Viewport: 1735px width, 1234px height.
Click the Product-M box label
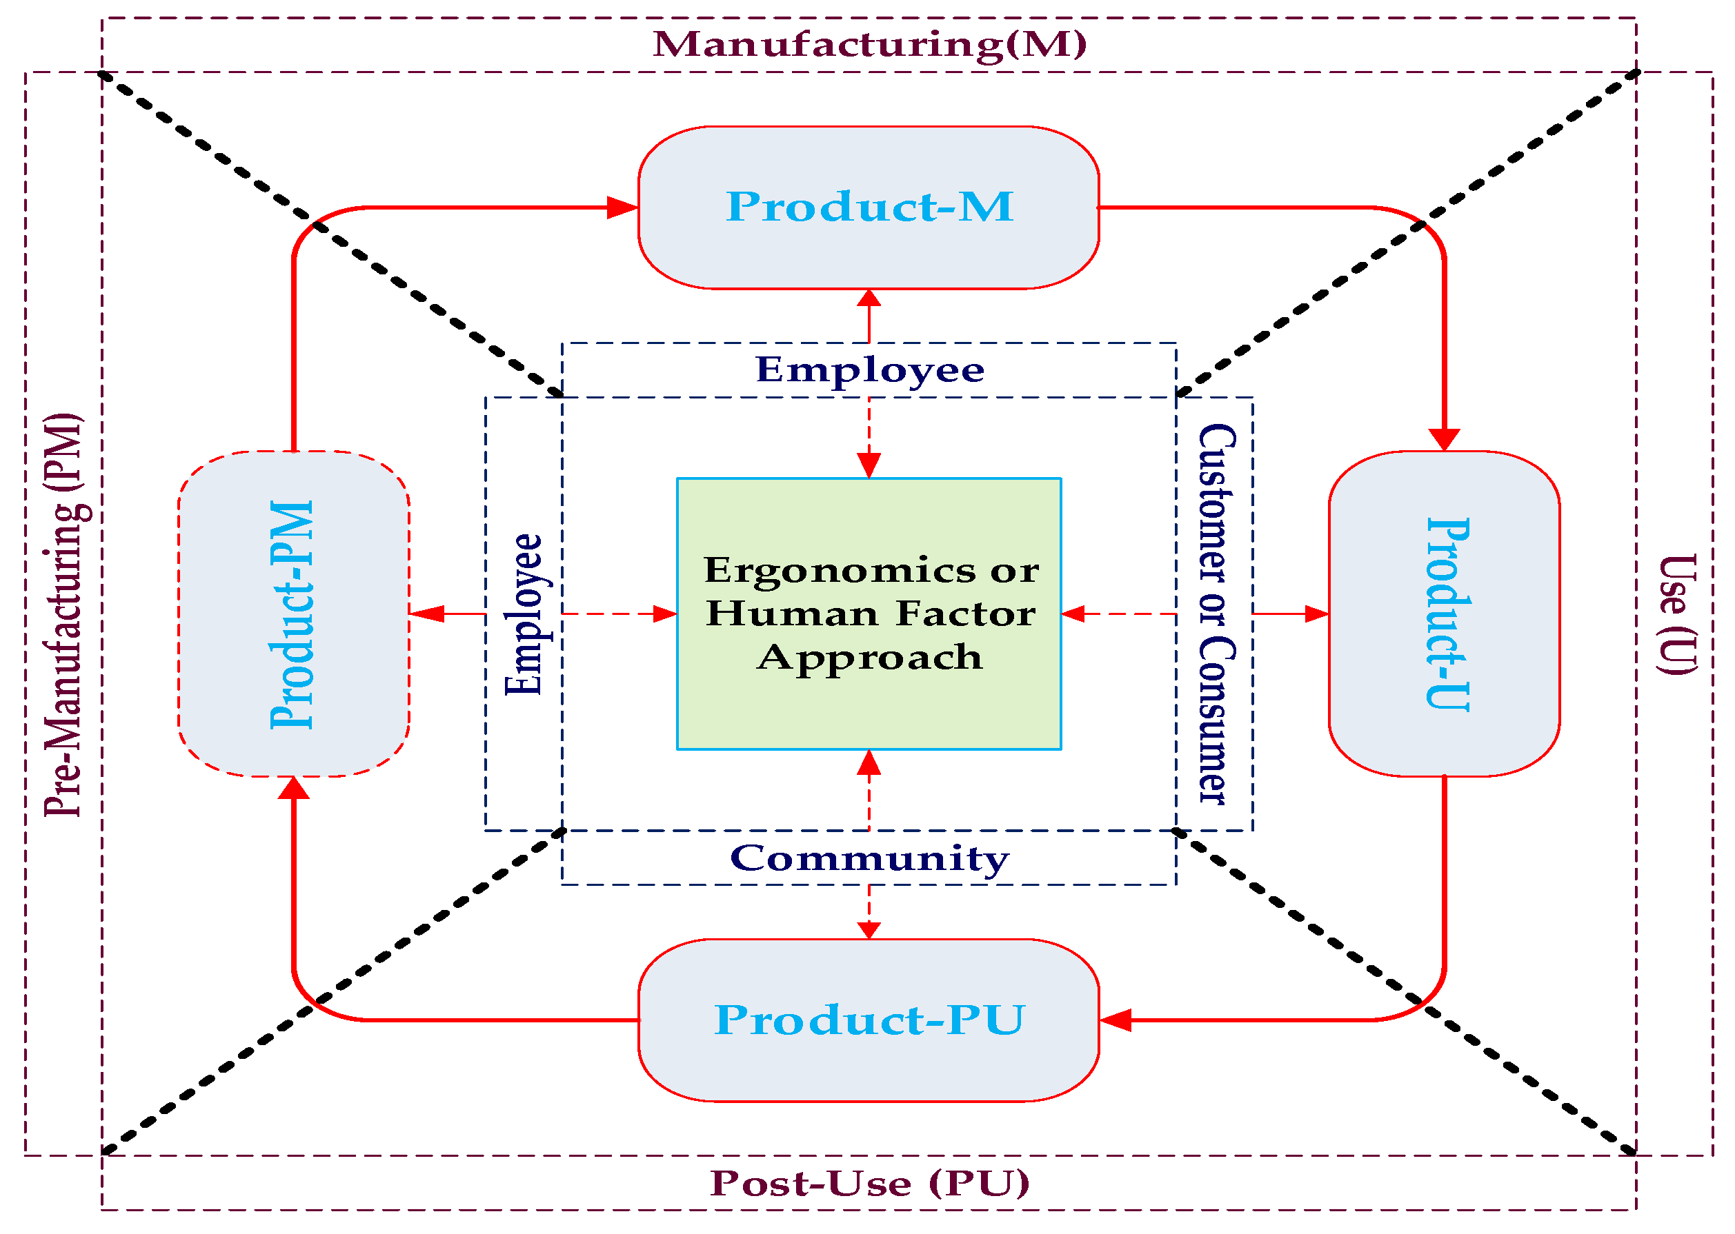[869, 207]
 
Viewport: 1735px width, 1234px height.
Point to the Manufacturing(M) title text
[869, 44]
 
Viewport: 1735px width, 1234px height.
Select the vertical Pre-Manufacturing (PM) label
[65, 614]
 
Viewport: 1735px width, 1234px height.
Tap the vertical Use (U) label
[1676, 614]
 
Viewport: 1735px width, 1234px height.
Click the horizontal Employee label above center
[869, 370]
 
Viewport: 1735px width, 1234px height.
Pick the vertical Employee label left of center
[524, 614]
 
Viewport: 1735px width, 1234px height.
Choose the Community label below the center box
[869, 859]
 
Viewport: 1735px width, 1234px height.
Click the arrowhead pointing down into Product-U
[1444, 439]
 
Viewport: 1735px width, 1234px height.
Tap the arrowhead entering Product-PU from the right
[1116, 1020]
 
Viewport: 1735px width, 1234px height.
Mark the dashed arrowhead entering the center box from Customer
[1072, 614]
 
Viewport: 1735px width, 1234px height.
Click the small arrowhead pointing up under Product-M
[869, 298]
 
